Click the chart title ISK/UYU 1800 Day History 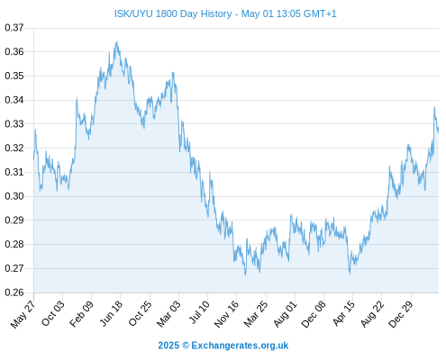(173, 13)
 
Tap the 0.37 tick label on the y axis (14, 28)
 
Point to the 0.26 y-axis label (14, 292)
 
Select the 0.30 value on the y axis (14, 196)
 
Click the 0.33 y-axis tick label (14, 124)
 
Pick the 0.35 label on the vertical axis (14, 76)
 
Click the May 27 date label (23, 313)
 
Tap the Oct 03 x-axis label (52, 313)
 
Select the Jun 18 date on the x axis (111, 313)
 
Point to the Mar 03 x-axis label (168, 313)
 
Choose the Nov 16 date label (226, 313)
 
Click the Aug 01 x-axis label (285, 313)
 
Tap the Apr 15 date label (343, 313)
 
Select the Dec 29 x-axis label (401, 313)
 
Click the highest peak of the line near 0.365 (117, 42)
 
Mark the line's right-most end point (438, 130)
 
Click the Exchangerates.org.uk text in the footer (240, 346)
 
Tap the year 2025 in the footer (168, 346)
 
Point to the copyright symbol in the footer (186, 346)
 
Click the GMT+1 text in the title (320, 13)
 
